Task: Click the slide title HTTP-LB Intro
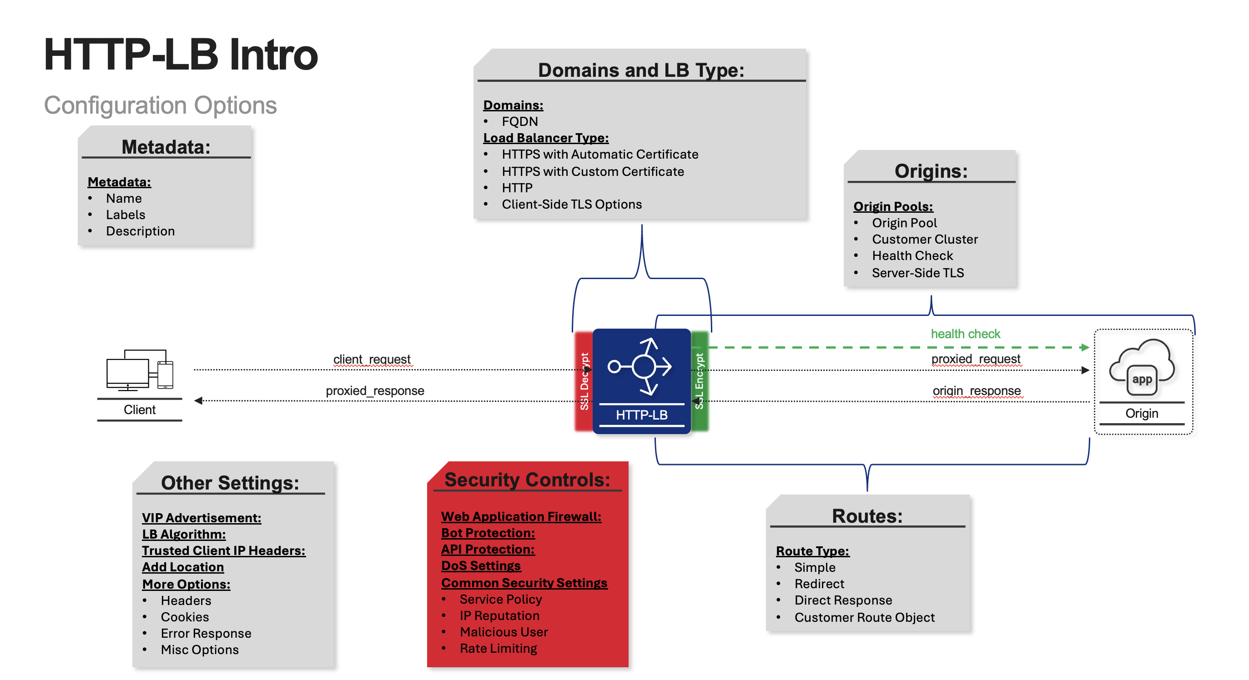coord(181,55)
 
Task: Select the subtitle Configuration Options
coord(160,105)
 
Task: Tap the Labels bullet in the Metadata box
coord(126,215)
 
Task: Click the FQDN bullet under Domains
coord(520,121)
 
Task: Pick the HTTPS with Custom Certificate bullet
coord(593,171)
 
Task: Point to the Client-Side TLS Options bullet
coord(572,204)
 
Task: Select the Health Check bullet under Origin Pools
coord(912,255)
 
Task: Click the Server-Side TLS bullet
coord(917,273)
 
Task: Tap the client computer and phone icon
coord(140,370)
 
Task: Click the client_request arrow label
coord(372,359)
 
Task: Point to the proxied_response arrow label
coord(375,390)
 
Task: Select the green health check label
coord(965,334)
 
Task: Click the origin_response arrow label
coord(977,390)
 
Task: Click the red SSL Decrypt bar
coord(584,381)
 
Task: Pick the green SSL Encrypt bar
coord(699,381)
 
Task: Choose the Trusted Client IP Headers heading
coord(223,550)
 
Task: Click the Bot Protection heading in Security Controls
coord(488,533)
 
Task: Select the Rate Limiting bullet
coord(498,648)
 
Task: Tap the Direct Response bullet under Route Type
coord(843,600)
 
